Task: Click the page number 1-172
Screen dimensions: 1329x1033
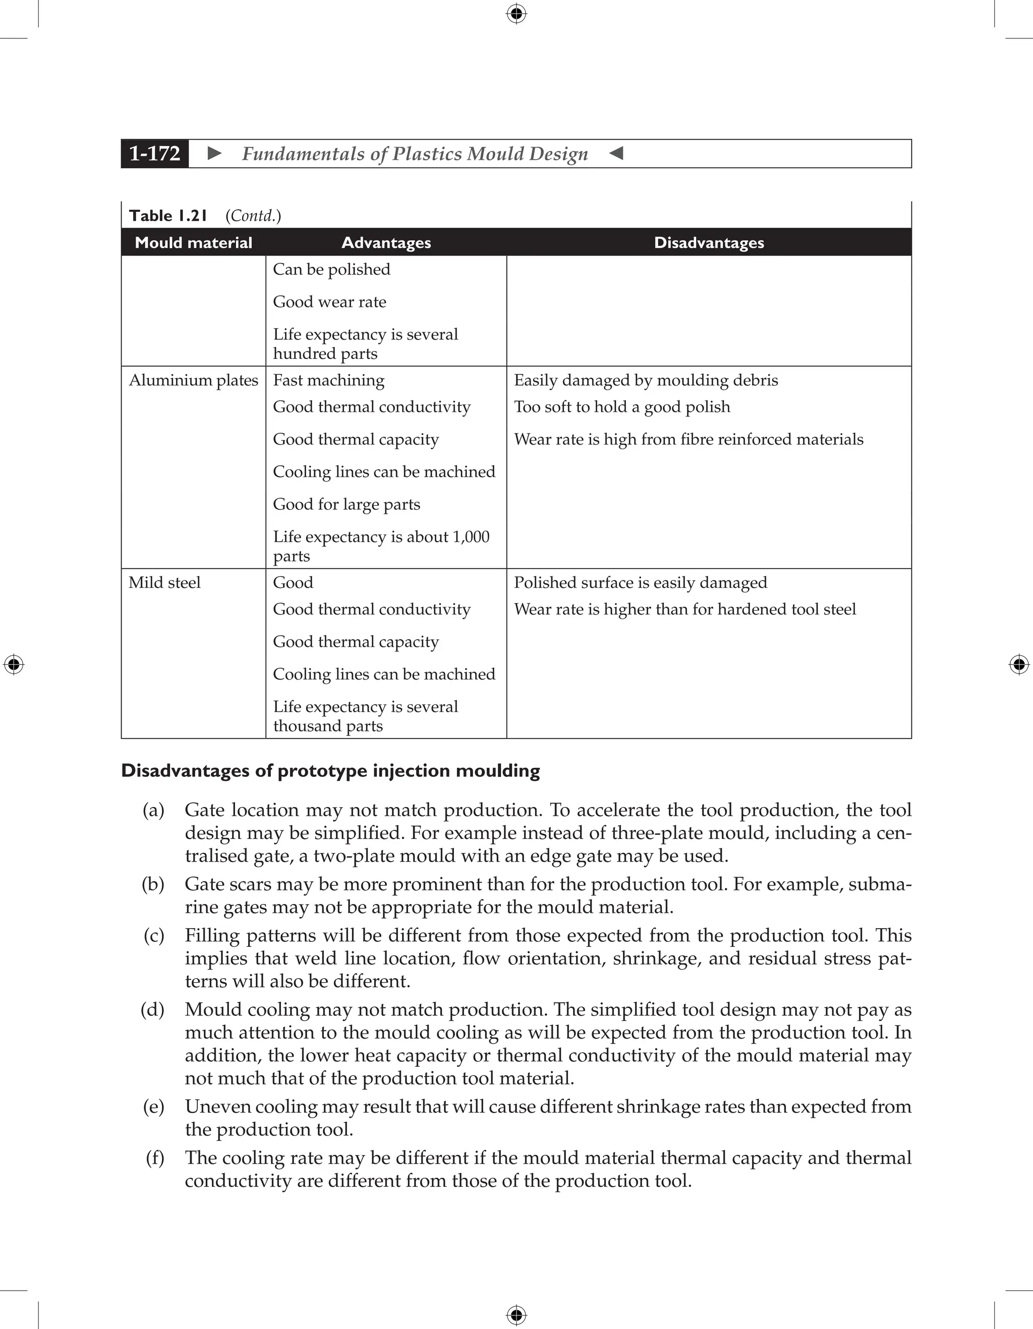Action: click(155, 153)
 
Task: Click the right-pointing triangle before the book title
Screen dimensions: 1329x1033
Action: click(214, 153)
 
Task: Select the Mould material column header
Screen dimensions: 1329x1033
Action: click(194, 243)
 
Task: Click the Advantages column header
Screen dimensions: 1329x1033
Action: click(386, 243)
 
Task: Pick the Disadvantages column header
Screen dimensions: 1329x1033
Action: click(709, 243)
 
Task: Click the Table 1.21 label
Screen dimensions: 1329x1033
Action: click(168, 216)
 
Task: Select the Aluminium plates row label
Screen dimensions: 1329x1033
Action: click(194, 380)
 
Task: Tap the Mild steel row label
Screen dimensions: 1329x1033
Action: click(164, 583)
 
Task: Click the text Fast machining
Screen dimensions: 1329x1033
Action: click(329, 380)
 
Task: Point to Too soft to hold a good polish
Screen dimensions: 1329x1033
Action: click(621, 407)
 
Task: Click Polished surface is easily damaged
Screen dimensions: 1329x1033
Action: click(641, 583)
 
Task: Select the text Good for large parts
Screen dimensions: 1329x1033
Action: click(347, 505)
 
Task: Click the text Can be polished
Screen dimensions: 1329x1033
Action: click(332, 270)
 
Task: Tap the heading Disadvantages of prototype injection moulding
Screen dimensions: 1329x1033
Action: click(330, 771)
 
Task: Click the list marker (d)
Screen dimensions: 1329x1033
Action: click(153, 1009)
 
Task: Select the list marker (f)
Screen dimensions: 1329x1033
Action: click(155, 1158)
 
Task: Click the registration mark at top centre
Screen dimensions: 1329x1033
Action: click(516, 14)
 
